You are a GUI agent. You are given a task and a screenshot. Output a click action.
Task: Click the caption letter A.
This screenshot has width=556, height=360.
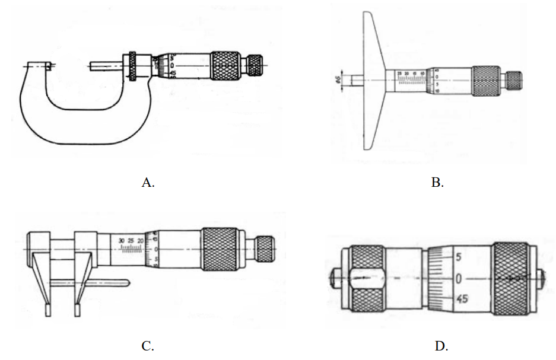[148, 183]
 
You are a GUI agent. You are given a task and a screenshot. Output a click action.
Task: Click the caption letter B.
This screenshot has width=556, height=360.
[438, 183]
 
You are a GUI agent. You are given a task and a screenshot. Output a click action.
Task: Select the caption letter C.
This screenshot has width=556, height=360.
[148, 346]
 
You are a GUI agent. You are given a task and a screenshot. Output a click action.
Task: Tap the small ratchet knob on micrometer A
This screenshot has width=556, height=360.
[255, 65]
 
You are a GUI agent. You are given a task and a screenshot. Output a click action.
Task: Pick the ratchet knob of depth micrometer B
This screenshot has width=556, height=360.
[513, 79]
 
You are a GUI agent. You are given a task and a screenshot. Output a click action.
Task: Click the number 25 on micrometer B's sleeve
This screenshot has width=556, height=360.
[399, 74]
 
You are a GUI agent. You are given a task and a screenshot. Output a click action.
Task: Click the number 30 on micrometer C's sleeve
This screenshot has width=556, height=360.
[121, 241]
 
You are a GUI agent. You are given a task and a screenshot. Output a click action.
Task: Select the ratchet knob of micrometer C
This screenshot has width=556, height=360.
[264, 249]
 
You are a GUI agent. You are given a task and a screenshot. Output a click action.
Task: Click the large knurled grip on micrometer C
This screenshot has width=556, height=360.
[221, 249]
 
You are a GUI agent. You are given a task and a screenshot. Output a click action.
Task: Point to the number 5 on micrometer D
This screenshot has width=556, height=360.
[458, 258]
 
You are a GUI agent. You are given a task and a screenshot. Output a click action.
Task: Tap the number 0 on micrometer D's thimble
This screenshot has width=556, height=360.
[458, 278]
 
